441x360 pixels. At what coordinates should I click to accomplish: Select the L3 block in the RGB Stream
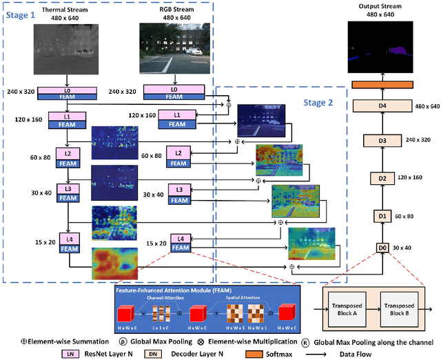179,189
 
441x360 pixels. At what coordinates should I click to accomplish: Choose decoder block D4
382,106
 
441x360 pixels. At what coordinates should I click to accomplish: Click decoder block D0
382,247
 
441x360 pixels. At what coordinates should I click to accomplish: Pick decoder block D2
382,178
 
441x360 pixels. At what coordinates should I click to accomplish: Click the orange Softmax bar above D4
382,84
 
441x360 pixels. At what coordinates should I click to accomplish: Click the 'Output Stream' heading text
382,7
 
